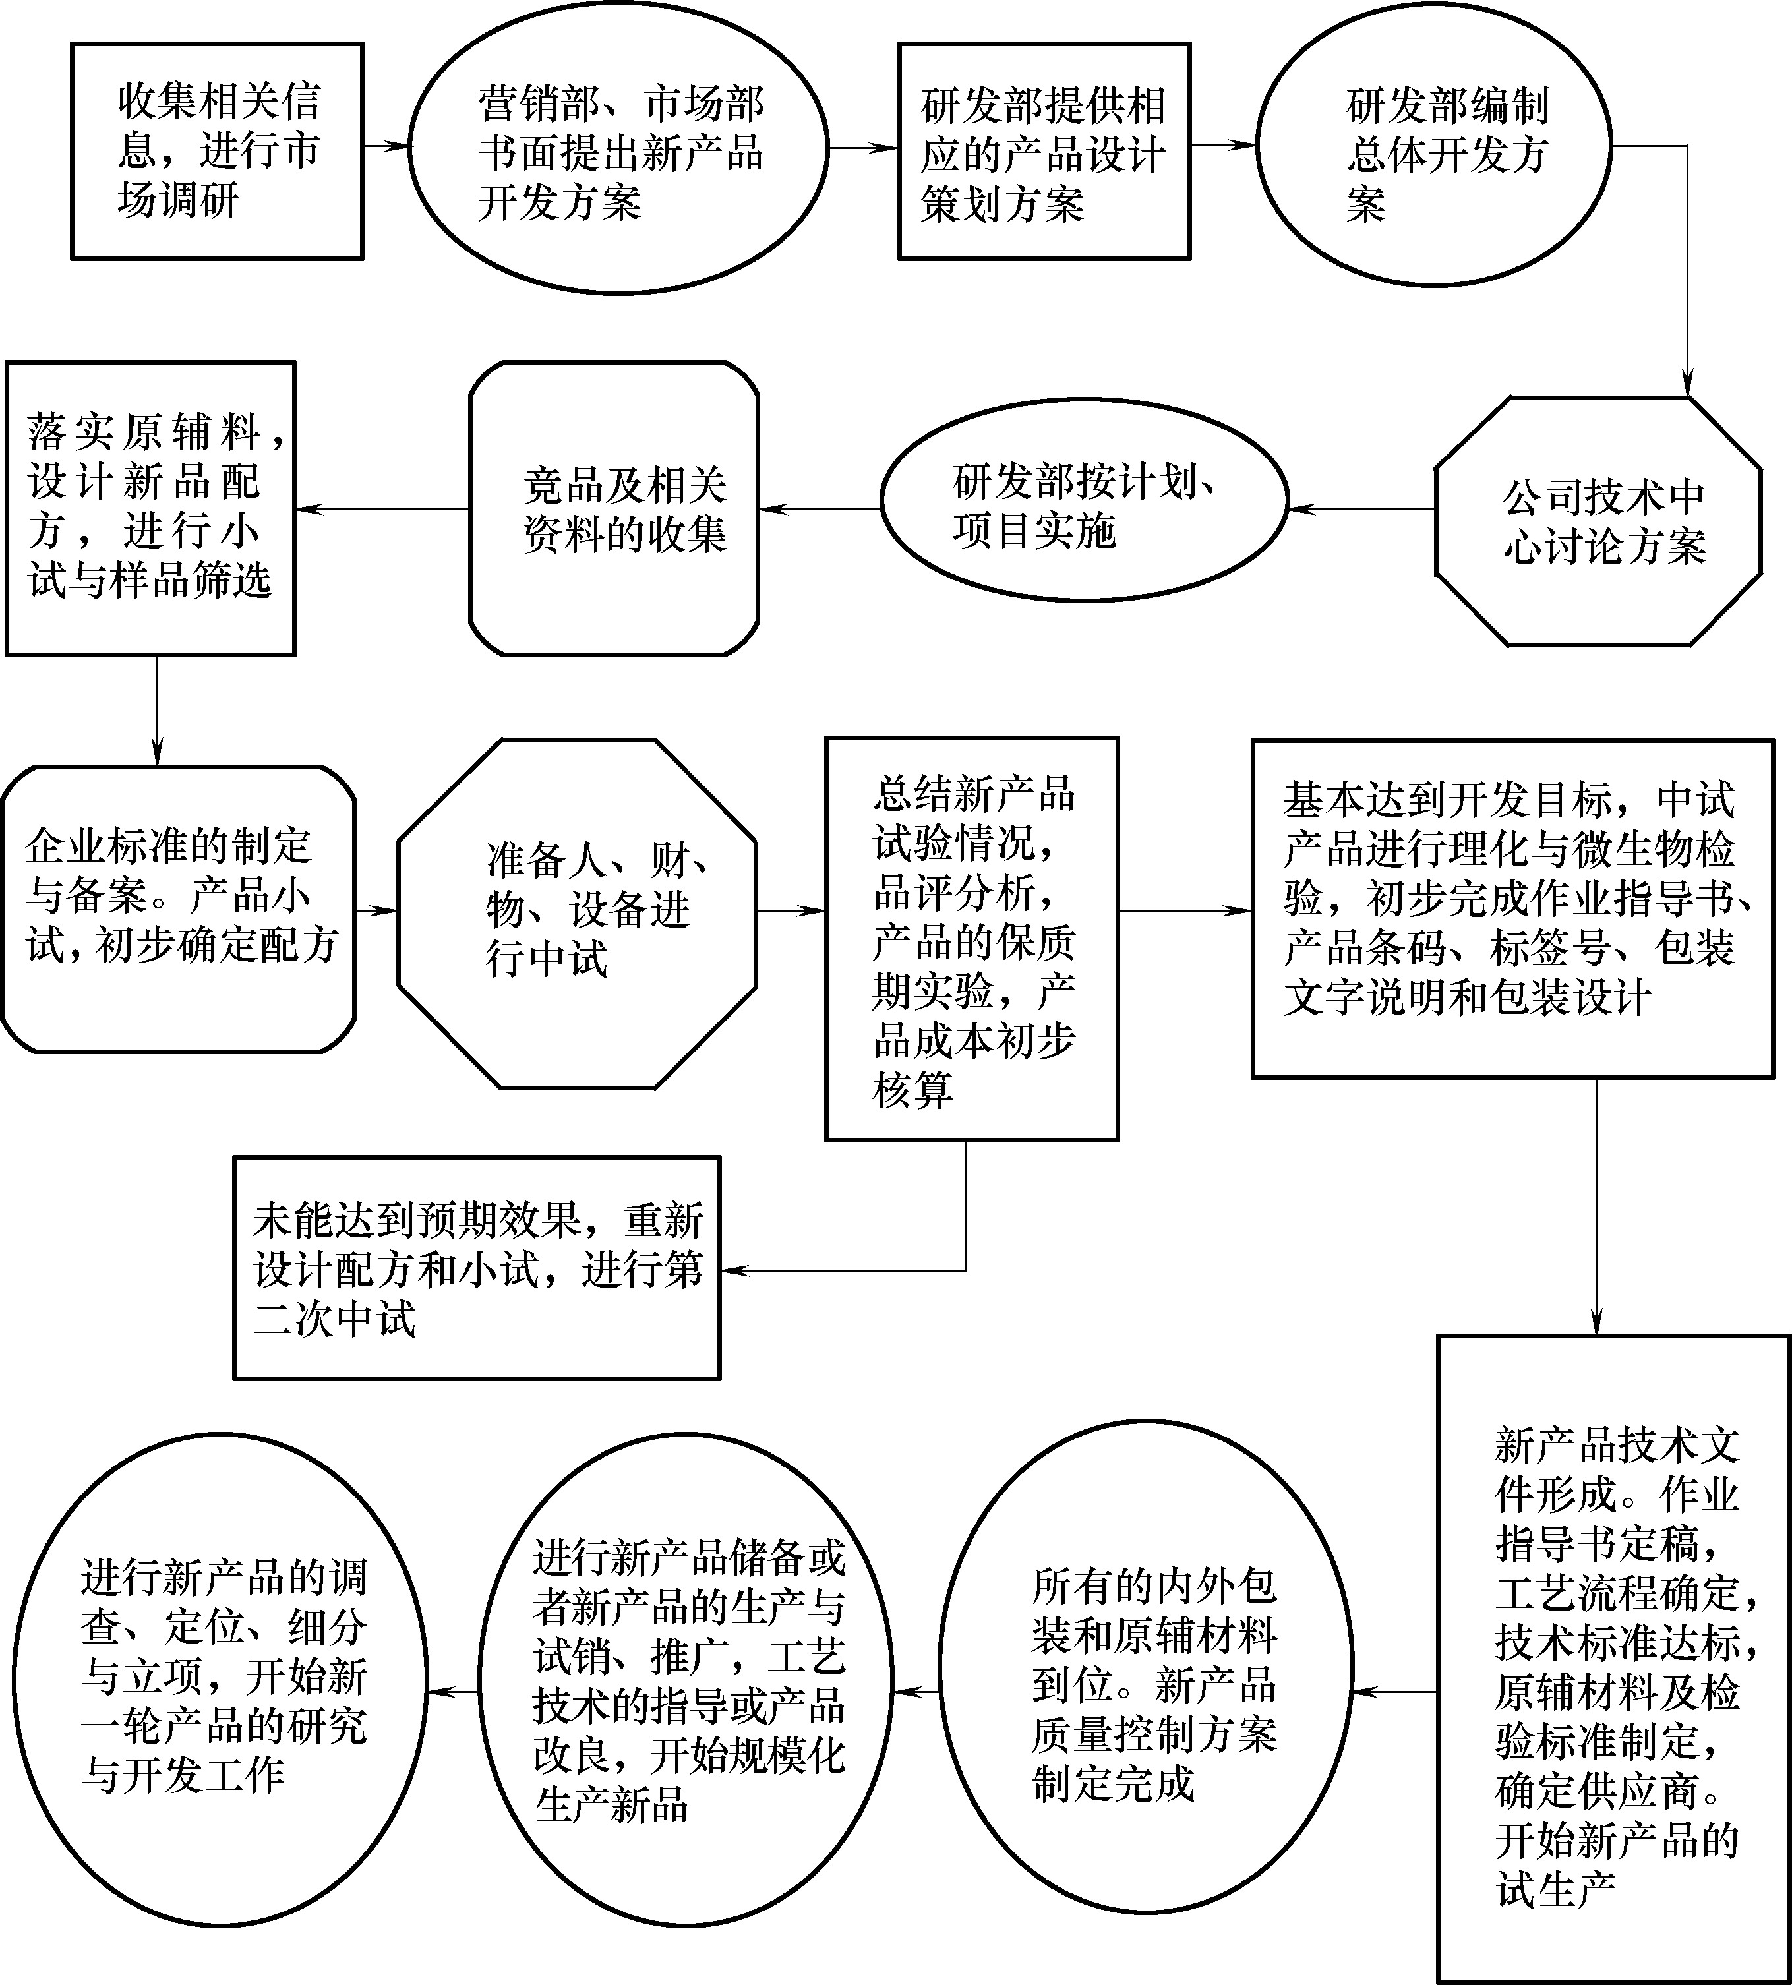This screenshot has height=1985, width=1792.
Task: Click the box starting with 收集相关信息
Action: coord(218,151)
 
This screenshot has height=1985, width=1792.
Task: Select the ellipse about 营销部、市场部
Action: coord(618,148)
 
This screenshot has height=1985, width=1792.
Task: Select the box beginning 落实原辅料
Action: coord(150,508)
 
